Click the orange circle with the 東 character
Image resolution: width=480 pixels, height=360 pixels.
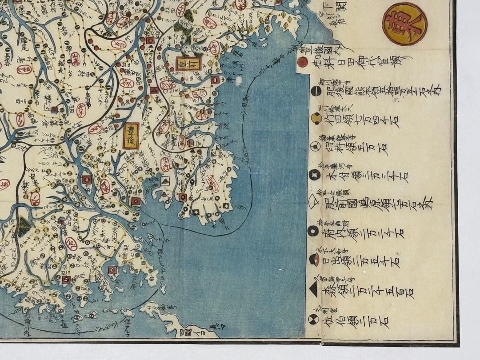pos(404,24)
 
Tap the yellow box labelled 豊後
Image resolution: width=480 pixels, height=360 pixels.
pos(131,136)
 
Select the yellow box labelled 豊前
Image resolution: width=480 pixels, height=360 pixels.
pos(188,64)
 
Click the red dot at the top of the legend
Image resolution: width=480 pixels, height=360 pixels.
pos(303,61)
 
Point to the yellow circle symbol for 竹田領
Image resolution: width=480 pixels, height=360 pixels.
pos(316,118)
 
